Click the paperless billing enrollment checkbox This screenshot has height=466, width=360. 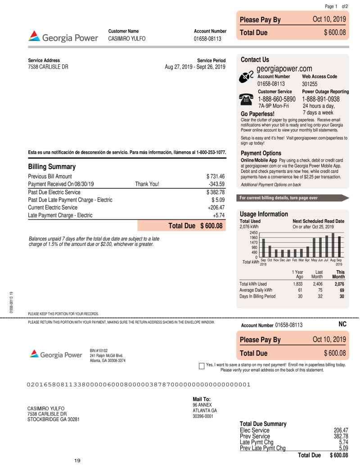[202, 365]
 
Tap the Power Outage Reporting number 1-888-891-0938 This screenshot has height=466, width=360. [321, 99]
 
